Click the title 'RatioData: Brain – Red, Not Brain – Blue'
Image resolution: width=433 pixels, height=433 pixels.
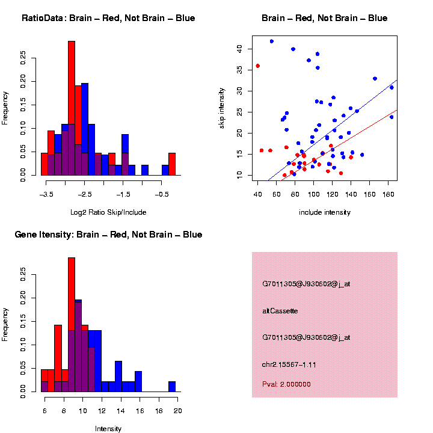[x=108, y=18]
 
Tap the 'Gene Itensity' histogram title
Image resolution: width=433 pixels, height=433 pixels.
[x=108, y=234]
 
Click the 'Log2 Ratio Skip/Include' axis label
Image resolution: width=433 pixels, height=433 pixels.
[x=108, y=212]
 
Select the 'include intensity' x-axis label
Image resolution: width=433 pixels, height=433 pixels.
[x=324, y=212]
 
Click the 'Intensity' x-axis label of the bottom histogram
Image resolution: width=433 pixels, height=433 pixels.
[x=108, y=429]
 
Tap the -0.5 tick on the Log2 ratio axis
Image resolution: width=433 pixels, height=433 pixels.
[x=162, y=194]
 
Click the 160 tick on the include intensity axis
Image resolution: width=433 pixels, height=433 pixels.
[x=388, y=194]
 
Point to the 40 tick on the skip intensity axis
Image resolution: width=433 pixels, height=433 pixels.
[x=239, y=48]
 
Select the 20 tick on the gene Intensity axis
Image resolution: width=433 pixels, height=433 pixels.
[x=178, y=410]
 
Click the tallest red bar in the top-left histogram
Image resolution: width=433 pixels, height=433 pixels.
[x=72, y=108]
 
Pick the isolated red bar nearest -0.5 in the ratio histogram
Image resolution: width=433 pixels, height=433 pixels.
[x=172, y=164]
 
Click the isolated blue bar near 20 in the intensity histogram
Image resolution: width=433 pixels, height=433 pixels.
[x=172, y=387]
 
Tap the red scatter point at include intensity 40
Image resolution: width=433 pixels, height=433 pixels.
[x=257, y=66]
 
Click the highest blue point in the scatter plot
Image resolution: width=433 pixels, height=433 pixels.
[x=272, y=41]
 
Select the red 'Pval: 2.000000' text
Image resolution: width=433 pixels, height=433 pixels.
[x=286, y=384]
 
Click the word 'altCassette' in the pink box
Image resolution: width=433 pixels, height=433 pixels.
[x=280, y=311]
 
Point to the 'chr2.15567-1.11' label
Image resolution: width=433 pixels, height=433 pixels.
[x=289, y=364]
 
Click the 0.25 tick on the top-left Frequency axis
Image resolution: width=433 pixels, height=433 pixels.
[x=24, y=57]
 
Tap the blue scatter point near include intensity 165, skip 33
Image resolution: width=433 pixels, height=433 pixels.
[x=375, y=79]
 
